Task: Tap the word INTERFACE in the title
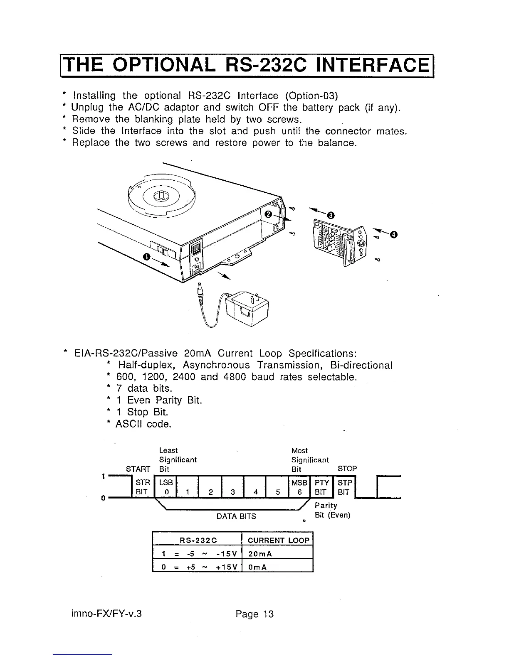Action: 373,65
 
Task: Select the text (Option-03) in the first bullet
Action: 311,96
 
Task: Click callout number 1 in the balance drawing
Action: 146,257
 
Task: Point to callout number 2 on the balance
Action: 268,214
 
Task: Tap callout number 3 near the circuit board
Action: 331,215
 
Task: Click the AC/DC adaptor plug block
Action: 247,309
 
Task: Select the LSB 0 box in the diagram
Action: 166,487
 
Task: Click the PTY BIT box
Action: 322,487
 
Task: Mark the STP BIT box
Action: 345,487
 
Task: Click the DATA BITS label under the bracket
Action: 237,516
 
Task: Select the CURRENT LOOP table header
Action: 278,540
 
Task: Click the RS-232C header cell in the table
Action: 198,540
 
